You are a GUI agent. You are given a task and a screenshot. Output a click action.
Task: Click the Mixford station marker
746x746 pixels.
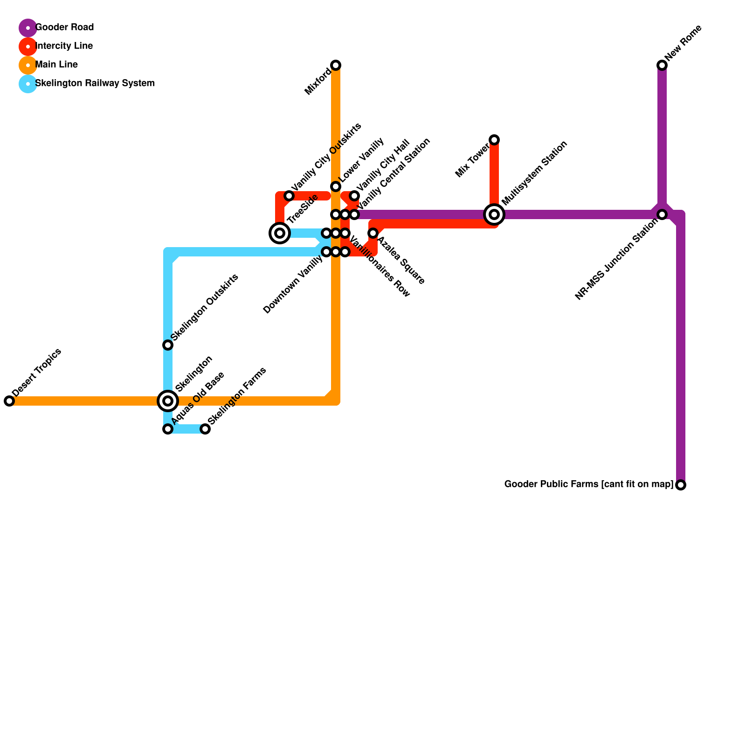tap(336, 65)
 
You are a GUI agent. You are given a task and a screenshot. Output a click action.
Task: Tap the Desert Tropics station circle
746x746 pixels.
tap(9, 401)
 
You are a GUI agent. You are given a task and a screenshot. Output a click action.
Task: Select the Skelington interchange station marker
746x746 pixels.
tap(168, 401)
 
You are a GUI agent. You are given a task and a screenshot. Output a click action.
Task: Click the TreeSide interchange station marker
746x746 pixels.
tap(280, 233)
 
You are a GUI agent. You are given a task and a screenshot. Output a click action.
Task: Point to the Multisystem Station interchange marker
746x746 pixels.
tap(494, 214)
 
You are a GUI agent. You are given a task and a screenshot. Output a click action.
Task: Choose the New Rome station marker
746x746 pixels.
tap(662, 65)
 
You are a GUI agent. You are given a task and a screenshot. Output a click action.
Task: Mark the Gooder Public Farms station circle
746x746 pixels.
tap(681, 485)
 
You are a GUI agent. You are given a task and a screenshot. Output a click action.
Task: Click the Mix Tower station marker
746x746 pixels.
tap(494, 140)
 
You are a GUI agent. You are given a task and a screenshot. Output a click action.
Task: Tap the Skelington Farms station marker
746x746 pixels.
tap(205, 429)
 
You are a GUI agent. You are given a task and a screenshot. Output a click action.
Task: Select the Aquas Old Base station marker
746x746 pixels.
tap(168, 429)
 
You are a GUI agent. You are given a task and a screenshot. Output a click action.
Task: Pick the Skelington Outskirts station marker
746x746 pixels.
tap(168, 345)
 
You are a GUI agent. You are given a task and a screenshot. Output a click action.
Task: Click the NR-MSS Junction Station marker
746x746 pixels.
tap(662, 214)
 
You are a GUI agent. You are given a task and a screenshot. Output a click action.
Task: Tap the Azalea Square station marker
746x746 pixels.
tap(373, 233)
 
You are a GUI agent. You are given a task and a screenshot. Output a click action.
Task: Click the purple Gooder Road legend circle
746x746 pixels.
tap(28, 28)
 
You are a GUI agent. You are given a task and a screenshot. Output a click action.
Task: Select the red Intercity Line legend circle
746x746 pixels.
tap(28, 47)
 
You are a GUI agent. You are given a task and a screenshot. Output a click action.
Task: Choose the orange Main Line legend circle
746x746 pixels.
tap(28, 65)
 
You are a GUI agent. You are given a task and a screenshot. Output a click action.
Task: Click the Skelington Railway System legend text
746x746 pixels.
tap(95, 83)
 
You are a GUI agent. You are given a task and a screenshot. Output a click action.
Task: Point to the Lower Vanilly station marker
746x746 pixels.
tap(336, 186)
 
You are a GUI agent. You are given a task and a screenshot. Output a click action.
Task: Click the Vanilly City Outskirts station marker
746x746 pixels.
tap(289, 196)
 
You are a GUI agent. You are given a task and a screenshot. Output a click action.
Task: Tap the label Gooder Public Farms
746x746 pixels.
tap(589, 484)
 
